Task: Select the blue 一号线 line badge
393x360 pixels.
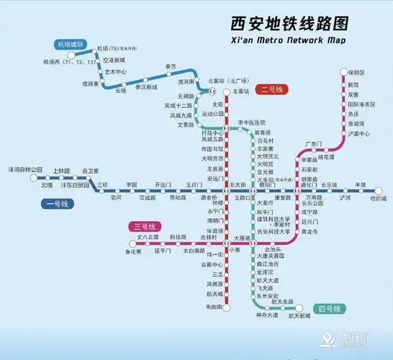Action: pos(54,204)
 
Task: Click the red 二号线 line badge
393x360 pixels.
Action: pos(274,89)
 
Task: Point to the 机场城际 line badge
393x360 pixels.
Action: pos(71,45)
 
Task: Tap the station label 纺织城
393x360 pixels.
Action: pos(377,197)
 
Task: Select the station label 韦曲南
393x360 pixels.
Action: pos(216,306)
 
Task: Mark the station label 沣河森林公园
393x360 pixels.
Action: pos(25,171)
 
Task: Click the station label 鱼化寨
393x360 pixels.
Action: pos(134,251)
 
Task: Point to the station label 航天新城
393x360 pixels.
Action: pos(299,315)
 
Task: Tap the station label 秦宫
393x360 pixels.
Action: pos(171,66)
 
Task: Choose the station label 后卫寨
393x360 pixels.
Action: pos(91,171)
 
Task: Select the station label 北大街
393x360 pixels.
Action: pos(237,185)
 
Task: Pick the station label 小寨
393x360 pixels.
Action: pos(235,249)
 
